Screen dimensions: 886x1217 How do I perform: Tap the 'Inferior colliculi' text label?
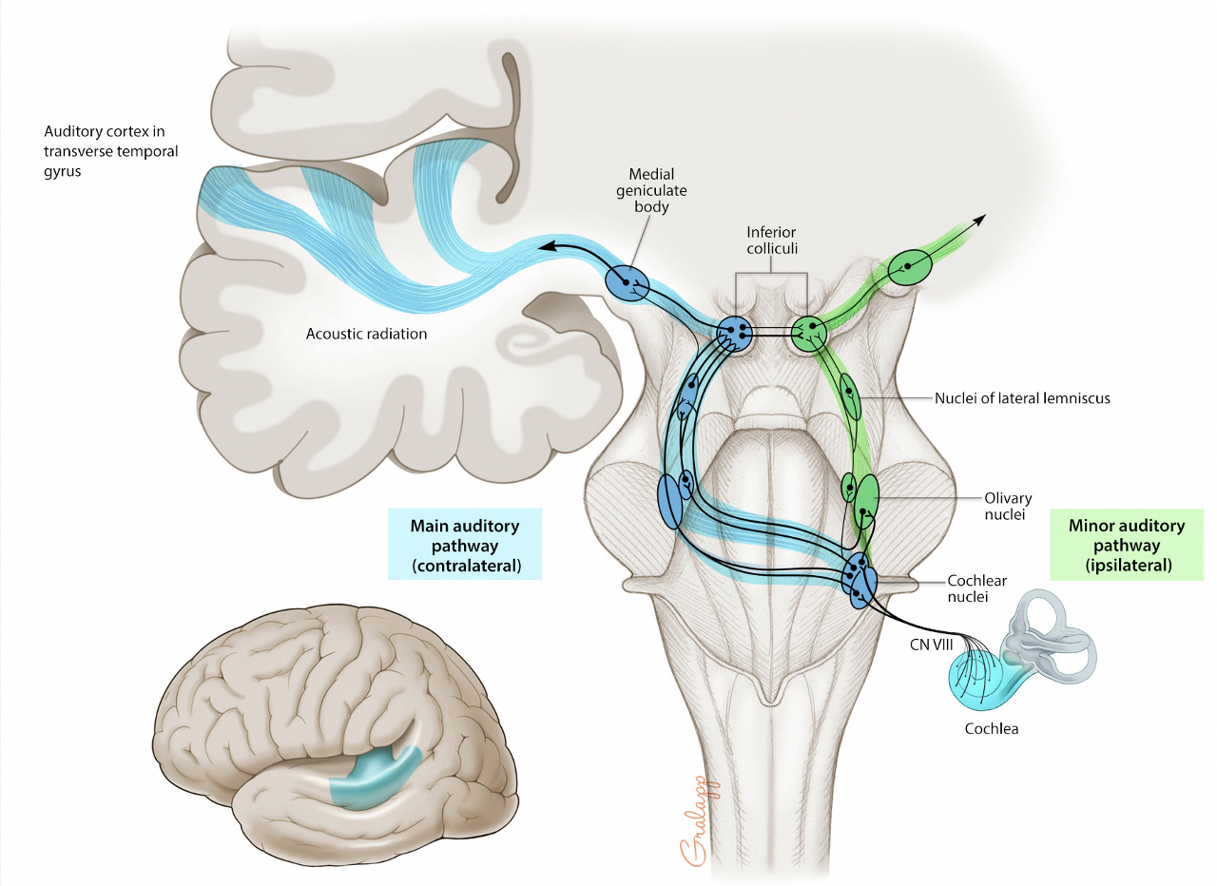pyautogui.click(x=770, y=239)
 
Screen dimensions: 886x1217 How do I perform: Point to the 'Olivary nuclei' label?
pyautogui.click(x=1008, y=506)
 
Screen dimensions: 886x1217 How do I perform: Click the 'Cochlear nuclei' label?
pyautogui.click(x=976, y=587)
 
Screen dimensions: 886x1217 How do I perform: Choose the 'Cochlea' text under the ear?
pyautogui.click(x=991, y=729)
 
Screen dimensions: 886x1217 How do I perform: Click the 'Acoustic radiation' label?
pyautogui.click(x=366, y=334)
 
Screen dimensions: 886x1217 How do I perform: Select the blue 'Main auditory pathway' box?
pyautogui.click(x=465, y=543)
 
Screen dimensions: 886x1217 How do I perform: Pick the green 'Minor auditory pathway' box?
pyautogui.click(x=1127, y=545)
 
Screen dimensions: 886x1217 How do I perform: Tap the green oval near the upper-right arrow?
pyautogui.click(x=910, y=267)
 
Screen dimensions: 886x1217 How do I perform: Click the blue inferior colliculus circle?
pyautogui.click(x=734, y=333)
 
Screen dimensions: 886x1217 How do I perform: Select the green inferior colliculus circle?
pyautogui.click(x=810, y=333)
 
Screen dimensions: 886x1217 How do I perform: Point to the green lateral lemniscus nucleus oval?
pyautogui.click(x=849, y=398)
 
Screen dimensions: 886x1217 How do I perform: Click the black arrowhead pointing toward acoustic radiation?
pyautogui.click(x=545, y=247)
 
